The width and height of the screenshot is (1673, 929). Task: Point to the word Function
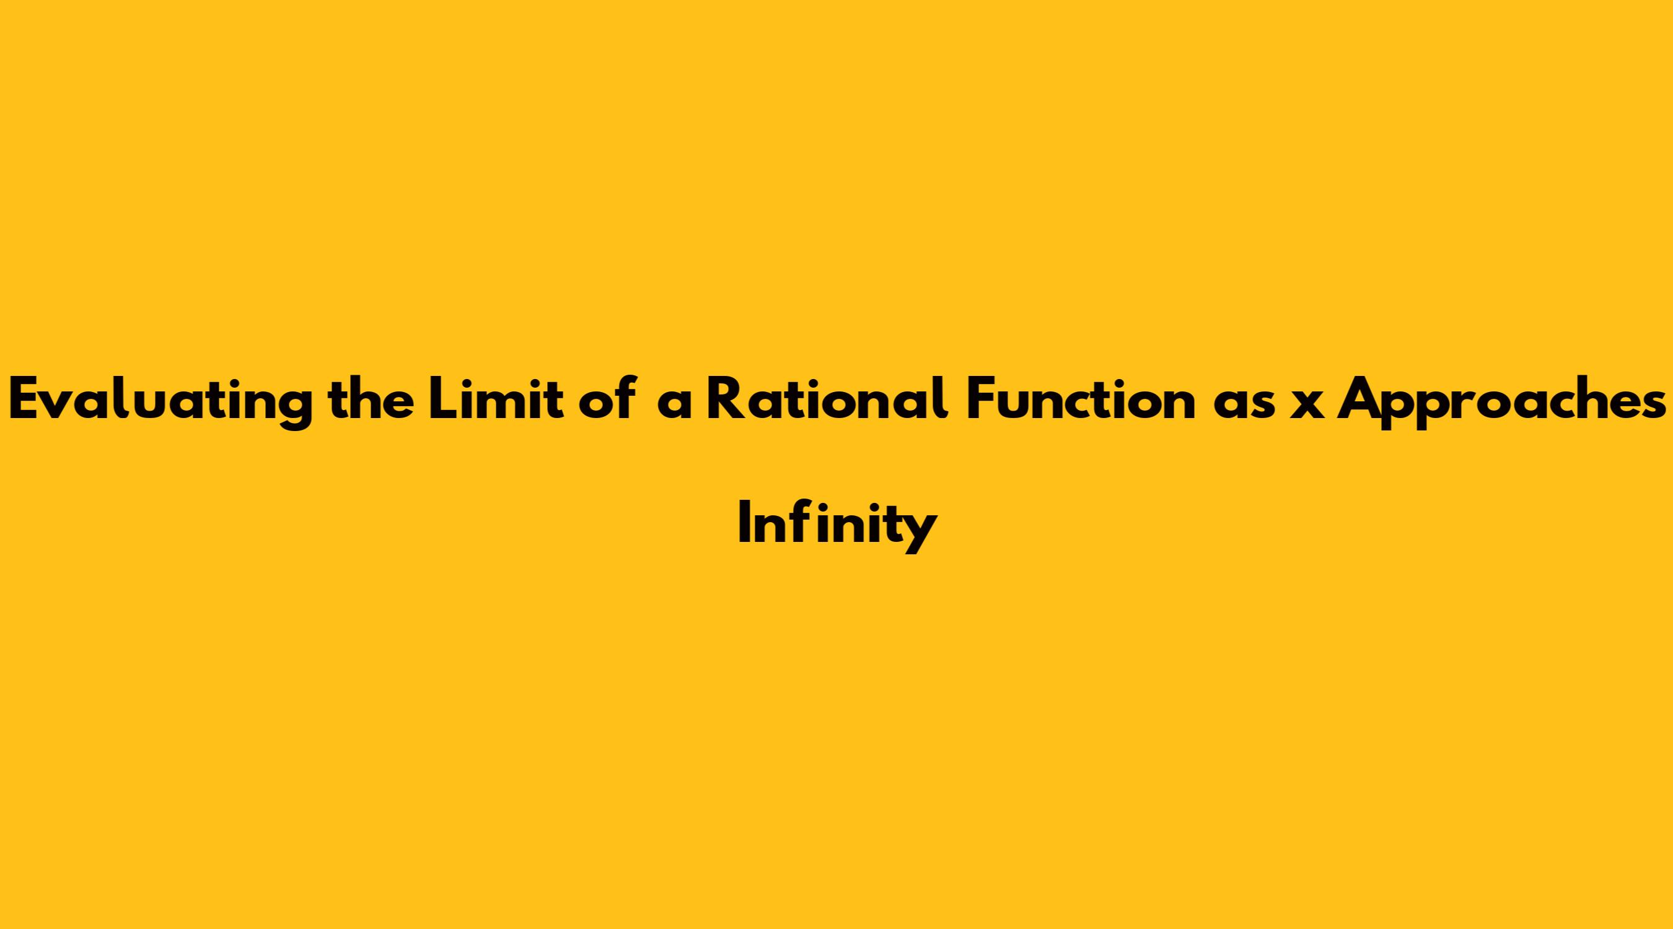[1081, 398]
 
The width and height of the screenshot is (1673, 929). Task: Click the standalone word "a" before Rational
[674, 404]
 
